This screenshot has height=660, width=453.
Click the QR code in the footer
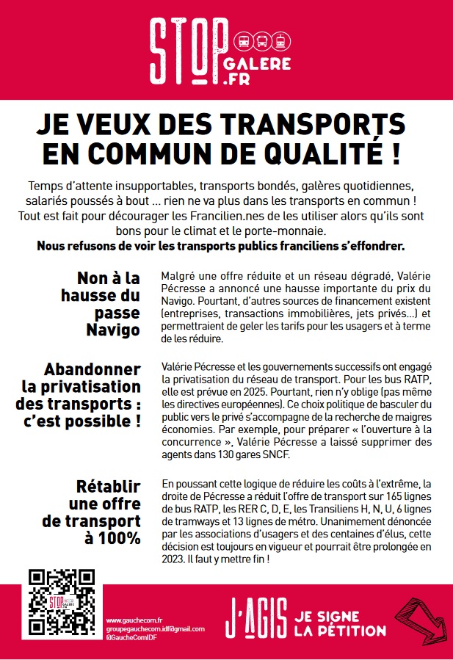62,602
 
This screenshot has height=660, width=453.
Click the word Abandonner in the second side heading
92,369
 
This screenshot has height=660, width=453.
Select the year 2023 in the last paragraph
175,559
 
